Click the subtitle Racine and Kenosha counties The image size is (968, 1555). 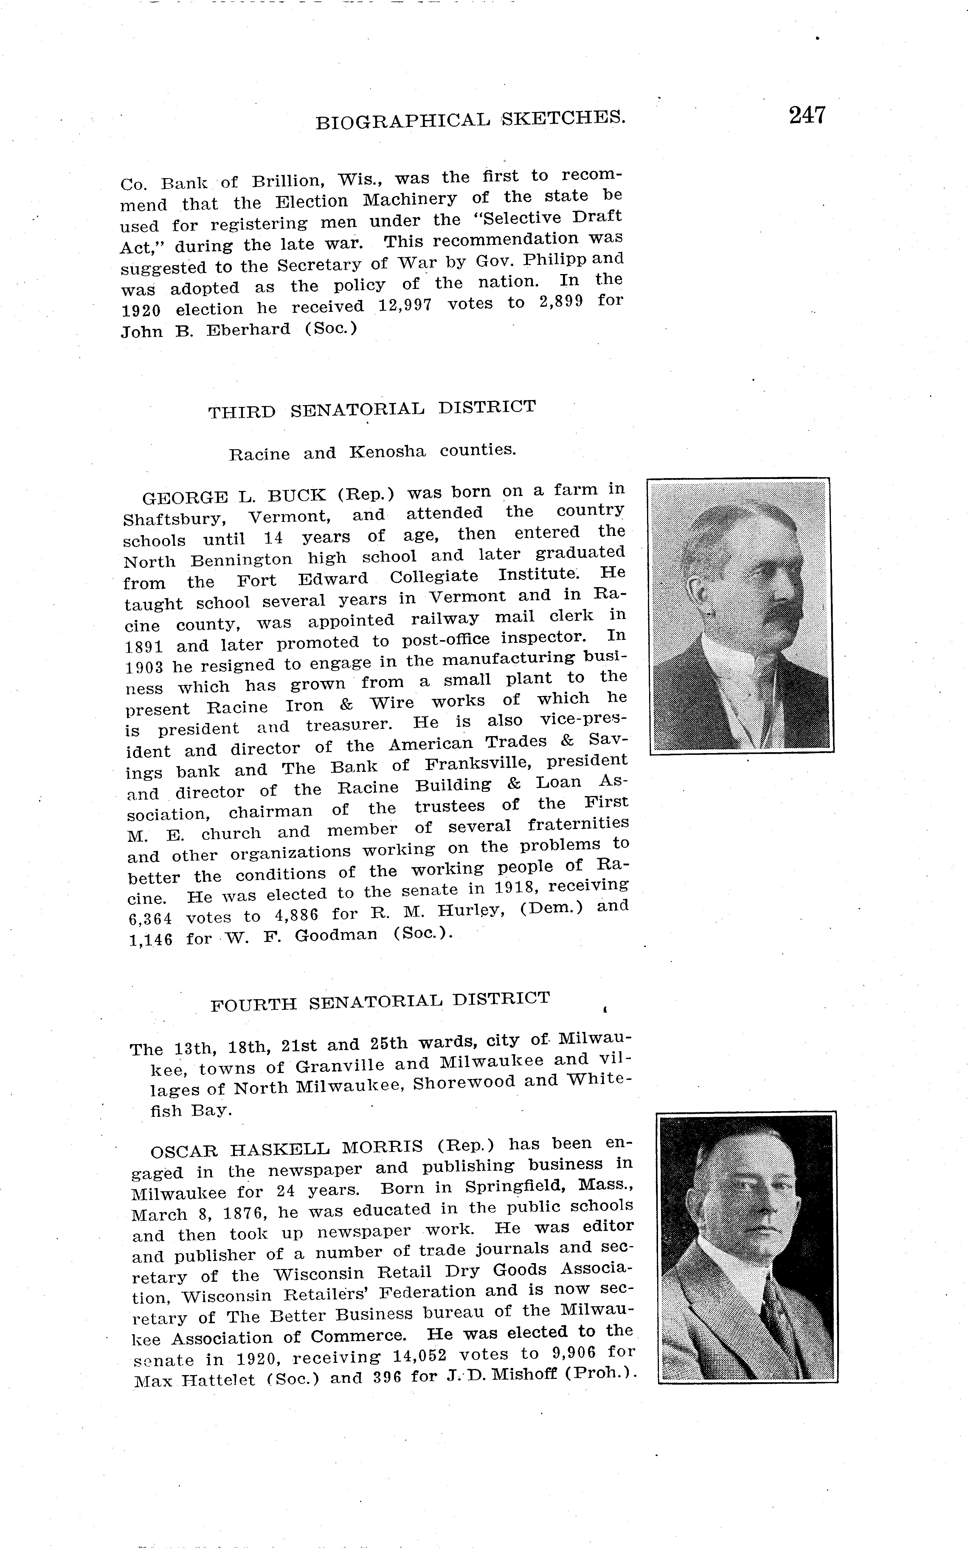click(372, 452)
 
